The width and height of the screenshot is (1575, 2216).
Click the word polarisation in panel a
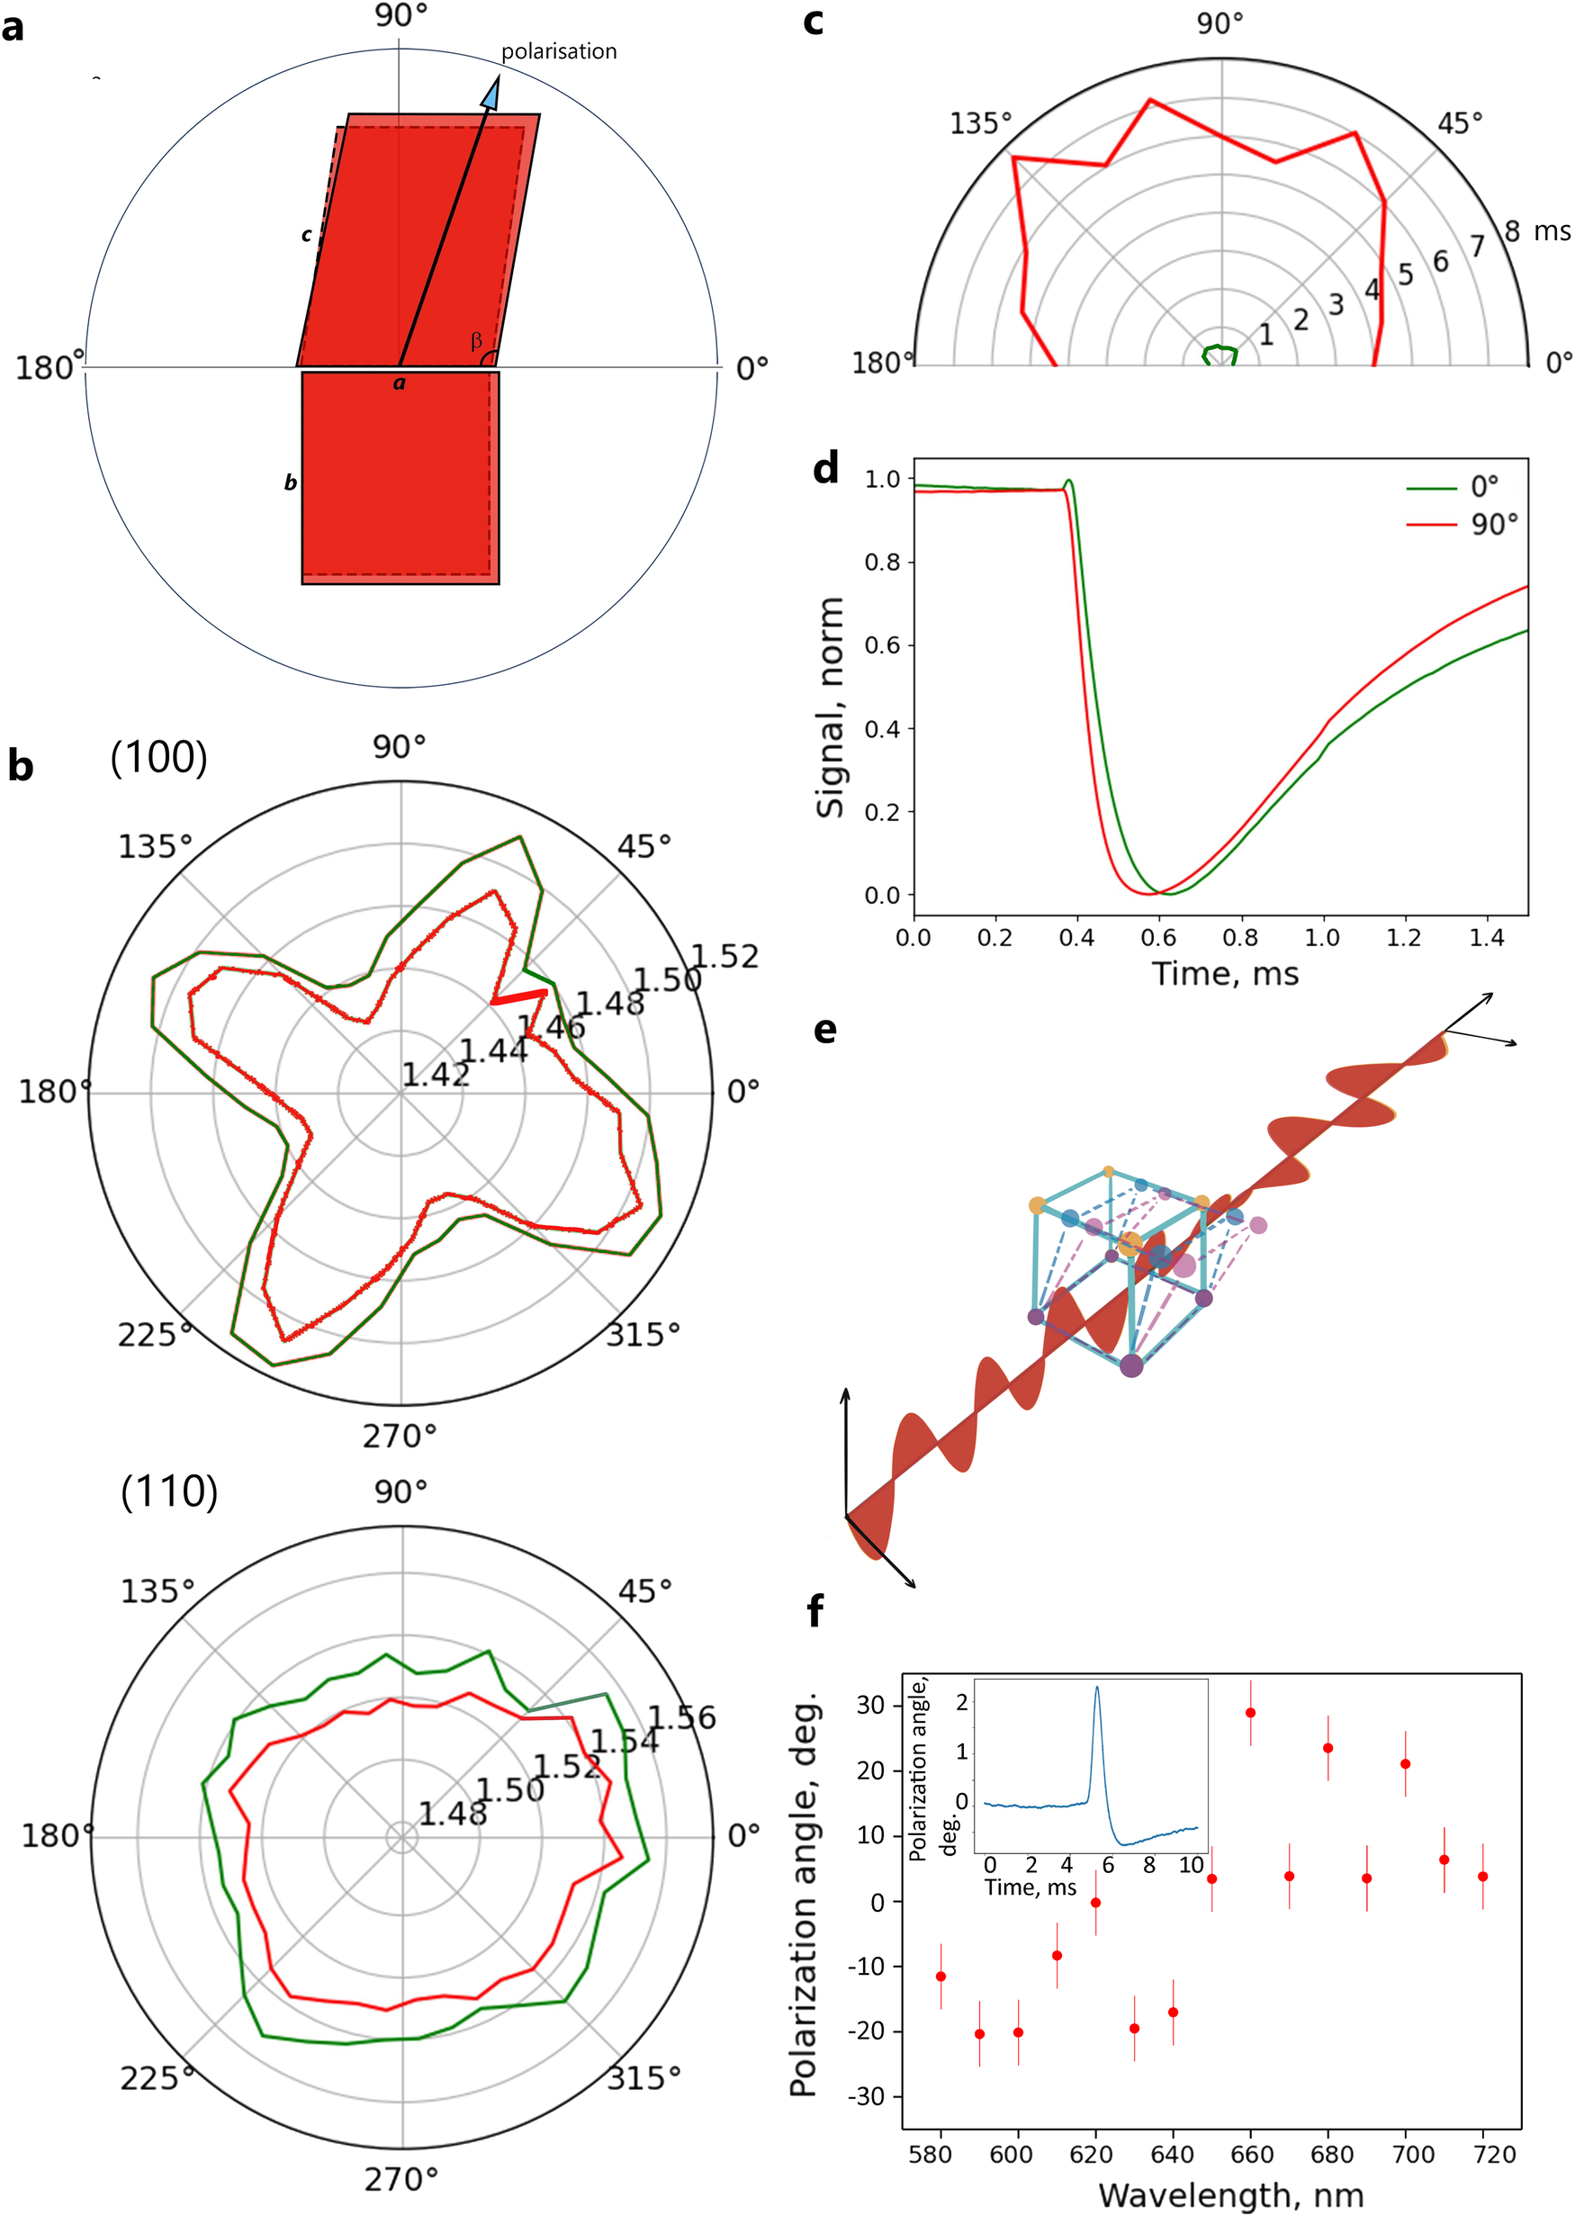point(559,51)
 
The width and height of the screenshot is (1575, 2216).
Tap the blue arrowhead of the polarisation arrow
point(491,95)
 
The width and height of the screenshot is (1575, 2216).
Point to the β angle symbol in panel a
point(476,341)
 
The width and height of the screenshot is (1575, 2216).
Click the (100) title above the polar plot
point(158,757)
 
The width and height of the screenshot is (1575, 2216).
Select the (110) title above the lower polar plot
point(169,1491)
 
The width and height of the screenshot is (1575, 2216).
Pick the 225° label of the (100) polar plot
point(153,1336)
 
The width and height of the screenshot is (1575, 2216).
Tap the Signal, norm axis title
point(830,708)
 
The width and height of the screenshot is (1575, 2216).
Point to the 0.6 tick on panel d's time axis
point(1158,938)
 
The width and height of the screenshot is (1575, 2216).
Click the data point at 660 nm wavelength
point(1250,1714)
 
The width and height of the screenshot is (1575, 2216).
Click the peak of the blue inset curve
point(1097,1689)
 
